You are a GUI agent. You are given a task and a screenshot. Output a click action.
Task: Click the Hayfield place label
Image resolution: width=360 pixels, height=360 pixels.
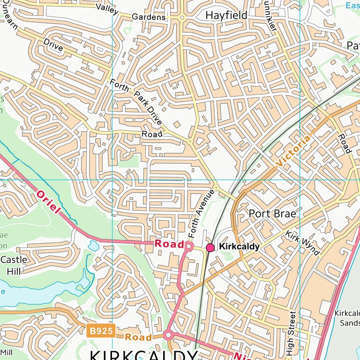pyautogui.click(x=226, y=15)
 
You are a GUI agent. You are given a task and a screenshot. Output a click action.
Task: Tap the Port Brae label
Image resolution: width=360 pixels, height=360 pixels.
pyautogui.click(x=272, y=214)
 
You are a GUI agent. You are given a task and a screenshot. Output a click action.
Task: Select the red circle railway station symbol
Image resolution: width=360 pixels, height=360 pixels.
pyautogui.click(x=210, y=247)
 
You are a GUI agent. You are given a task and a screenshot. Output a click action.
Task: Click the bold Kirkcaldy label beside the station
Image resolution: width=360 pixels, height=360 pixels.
pyautogui.click(x=239, y=247)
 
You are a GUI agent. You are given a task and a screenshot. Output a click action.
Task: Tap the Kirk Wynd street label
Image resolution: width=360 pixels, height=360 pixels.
pyautogui.click(x=302, y=243)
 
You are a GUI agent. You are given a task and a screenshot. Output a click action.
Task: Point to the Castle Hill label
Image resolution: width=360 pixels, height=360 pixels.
pyautogui.click(x=14, y=265)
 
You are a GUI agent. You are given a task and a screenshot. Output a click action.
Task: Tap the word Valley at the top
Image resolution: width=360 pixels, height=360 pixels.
pyautogui.click(x=107, y=7)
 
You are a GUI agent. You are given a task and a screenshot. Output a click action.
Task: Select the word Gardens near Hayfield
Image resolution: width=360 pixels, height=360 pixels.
pyautogui.click(x=149, y=17)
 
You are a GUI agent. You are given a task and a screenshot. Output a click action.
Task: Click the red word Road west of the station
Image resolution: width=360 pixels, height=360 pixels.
pyautogui.click(x=169, y=243)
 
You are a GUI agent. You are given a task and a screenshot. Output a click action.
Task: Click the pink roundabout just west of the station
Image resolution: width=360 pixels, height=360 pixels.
pyautogui.click(x=189, y=246)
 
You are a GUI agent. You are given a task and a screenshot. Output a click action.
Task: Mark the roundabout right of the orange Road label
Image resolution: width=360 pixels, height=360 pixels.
pyautogui.click(x=169, y=335)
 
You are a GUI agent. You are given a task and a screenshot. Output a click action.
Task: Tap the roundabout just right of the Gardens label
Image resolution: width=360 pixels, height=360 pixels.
pyautogui.click(x=182, y=17)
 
